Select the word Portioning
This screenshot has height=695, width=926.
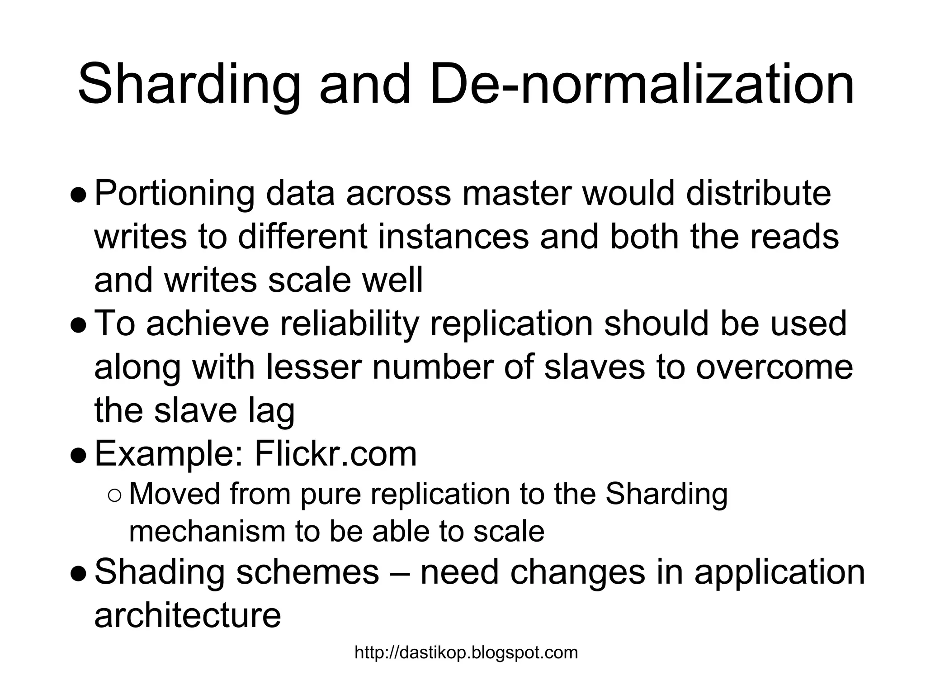[x=175, y=194]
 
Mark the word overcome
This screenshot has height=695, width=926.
[x=774, y=367]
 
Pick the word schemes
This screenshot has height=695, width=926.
[x=307, y=572]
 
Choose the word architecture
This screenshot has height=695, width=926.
[x=188, y=615]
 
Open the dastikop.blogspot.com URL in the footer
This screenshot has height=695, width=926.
[x=466, y=653]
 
